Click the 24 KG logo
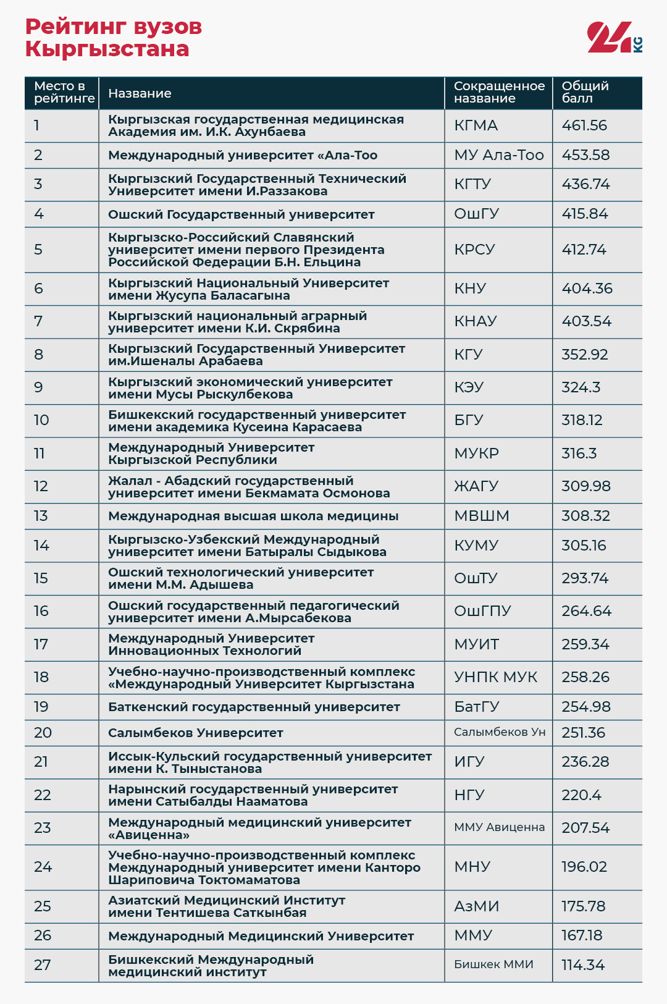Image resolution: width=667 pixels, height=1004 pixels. coord(614,37)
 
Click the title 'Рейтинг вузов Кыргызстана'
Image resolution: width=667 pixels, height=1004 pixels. coord(114,38)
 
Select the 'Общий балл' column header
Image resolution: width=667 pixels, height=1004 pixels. coord(585,92)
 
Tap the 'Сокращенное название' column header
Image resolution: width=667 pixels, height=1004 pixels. coord(499,92)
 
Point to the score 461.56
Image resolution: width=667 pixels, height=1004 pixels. coord(584,125)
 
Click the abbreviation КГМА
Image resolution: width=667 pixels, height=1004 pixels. coord(476,125)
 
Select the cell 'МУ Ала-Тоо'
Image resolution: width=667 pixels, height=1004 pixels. coord(498,155)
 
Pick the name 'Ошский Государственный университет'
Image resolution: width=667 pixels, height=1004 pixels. coord(241,214)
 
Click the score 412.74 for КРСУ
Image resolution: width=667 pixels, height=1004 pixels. coord(584,250)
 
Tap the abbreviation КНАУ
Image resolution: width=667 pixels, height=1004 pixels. coord(475,321)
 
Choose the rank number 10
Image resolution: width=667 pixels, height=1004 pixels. coord(41,420)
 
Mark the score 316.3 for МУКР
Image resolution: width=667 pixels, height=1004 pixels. coord(579,453)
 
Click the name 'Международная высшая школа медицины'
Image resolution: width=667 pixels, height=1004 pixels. coord(253,516)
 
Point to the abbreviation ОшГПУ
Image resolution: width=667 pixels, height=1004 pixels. coord(482,611)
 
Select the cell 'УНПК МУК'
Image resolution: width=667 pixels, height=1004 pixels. coord(495,677)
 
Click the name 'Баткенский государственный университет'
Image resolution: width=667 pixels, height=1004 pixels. coord(254,707)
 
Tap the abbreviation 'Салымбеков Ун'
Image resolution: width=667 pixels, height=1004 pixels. coord(500,732)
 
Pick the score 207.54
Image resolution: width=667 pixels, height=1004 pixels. coord(585,828)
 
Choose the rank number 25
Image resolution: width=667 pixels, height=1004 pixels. coord(43,906)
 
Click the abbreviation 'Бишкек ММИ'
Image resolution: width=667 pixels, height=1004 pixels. coord(493,964)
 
